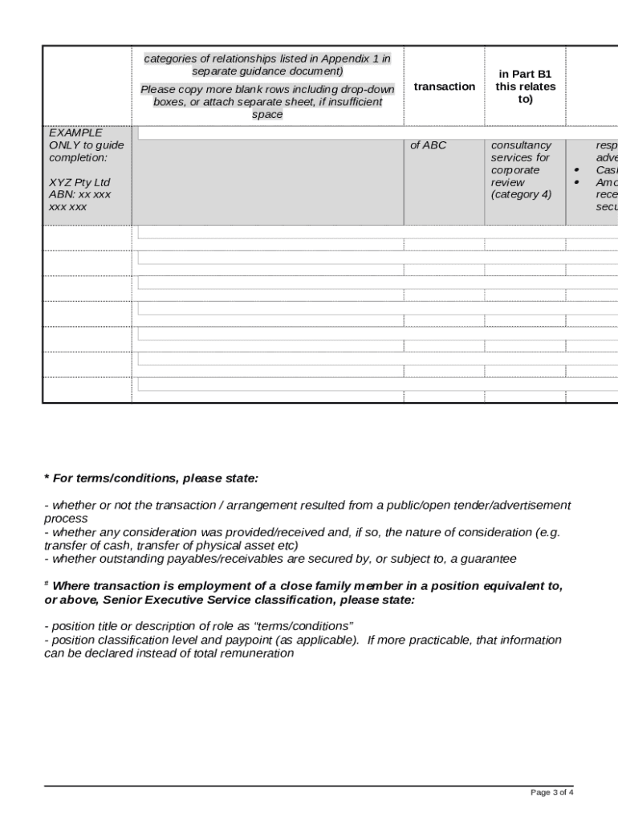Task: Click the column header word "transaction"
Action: (x=444, y=87)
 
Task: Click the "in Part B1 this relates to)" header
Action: (x=525, y=87)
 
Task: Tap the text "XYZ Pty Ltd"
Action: (x=79, y=182)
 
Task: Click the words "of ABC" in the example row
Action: (x=428, y=145)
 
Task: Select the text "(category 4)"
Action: (x=521, y=194)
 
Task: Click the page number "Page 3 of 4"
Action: (x=551, y=792)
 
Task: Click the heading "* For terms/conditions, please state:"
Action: (x=151, y=478)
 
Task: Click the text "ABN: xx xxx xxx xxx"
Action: (x=79, y=201)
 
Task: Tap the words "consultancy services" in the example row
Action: (x=520, y=152)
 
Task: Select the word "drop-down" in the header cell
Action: (x=367, y=89)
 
